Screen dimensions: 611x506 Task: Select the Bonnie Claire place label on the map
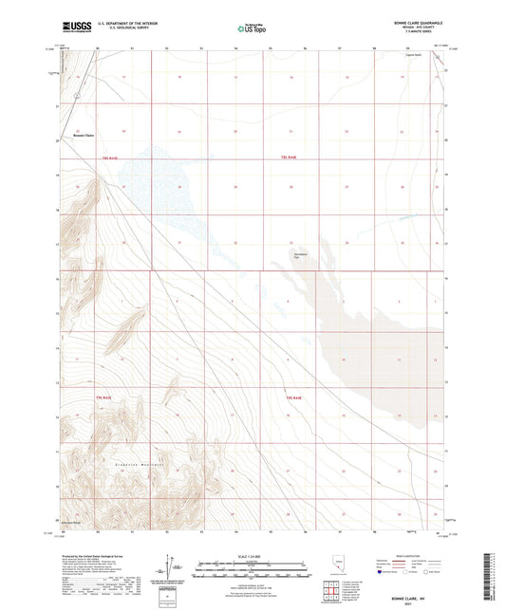(84, 138)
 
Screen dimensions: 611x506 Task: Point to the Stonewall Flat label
(302, 254)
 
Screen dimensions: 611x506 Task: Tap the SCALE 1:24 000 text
(252, 555)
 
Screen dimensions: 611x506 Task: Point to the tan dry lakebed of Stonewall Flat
(370, 351)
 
